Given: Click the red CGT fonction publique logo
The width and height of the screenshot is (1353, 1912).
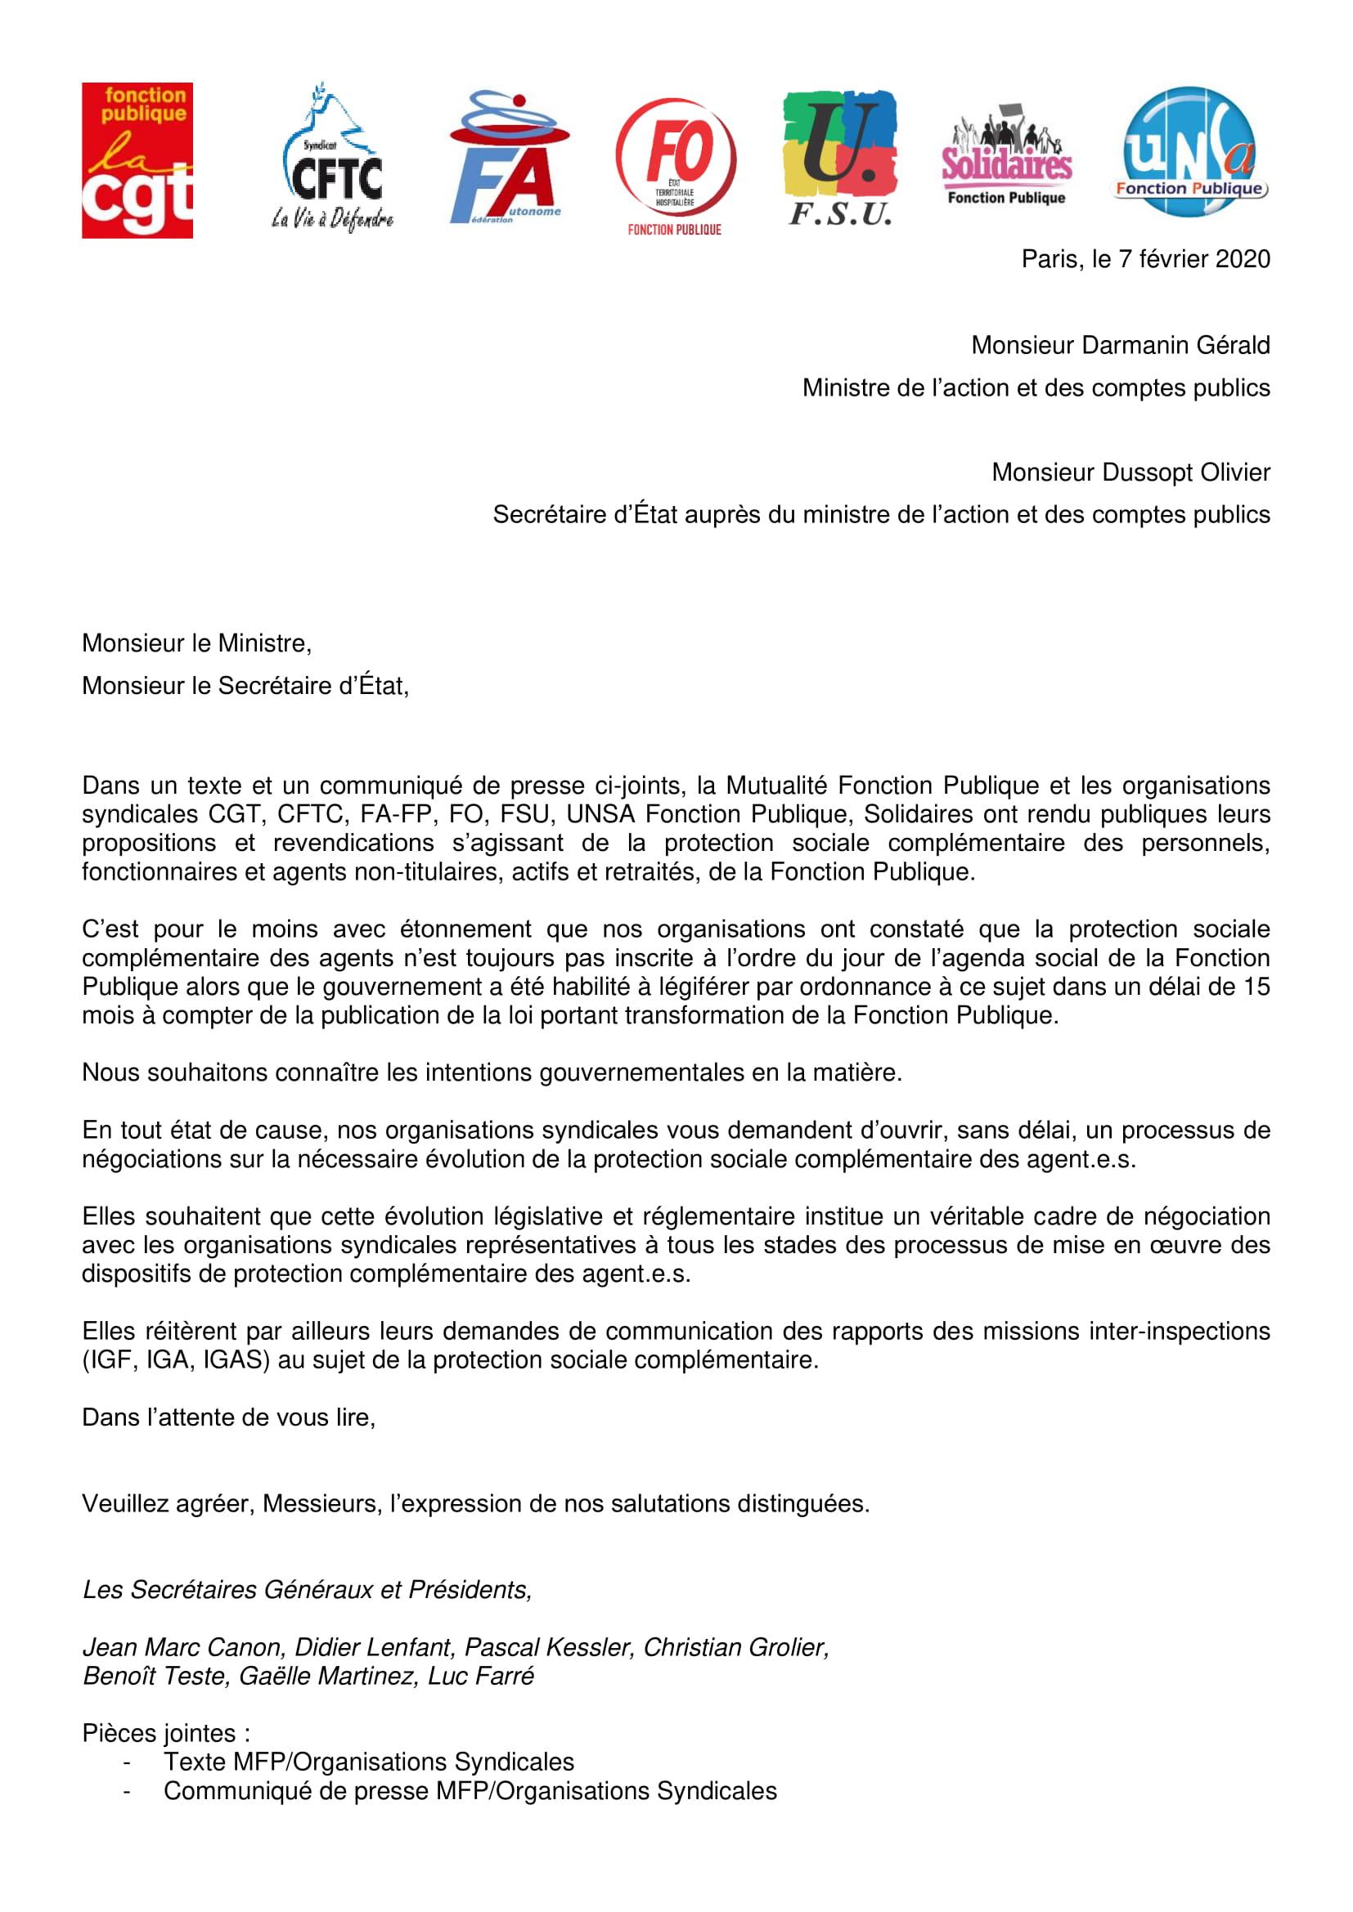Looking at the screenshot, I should [x=137, y=160].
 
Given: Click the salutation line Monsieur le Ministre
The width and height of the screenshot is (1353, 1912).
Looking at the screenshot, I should [x=196, y=643].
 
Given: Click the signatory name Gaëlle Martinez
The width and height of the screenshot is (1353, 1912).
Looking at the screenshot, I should [x=326, y=1676].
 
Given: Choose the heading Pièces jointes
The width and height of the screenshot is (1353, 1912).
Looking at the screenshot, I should [x=166, y=1733].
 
